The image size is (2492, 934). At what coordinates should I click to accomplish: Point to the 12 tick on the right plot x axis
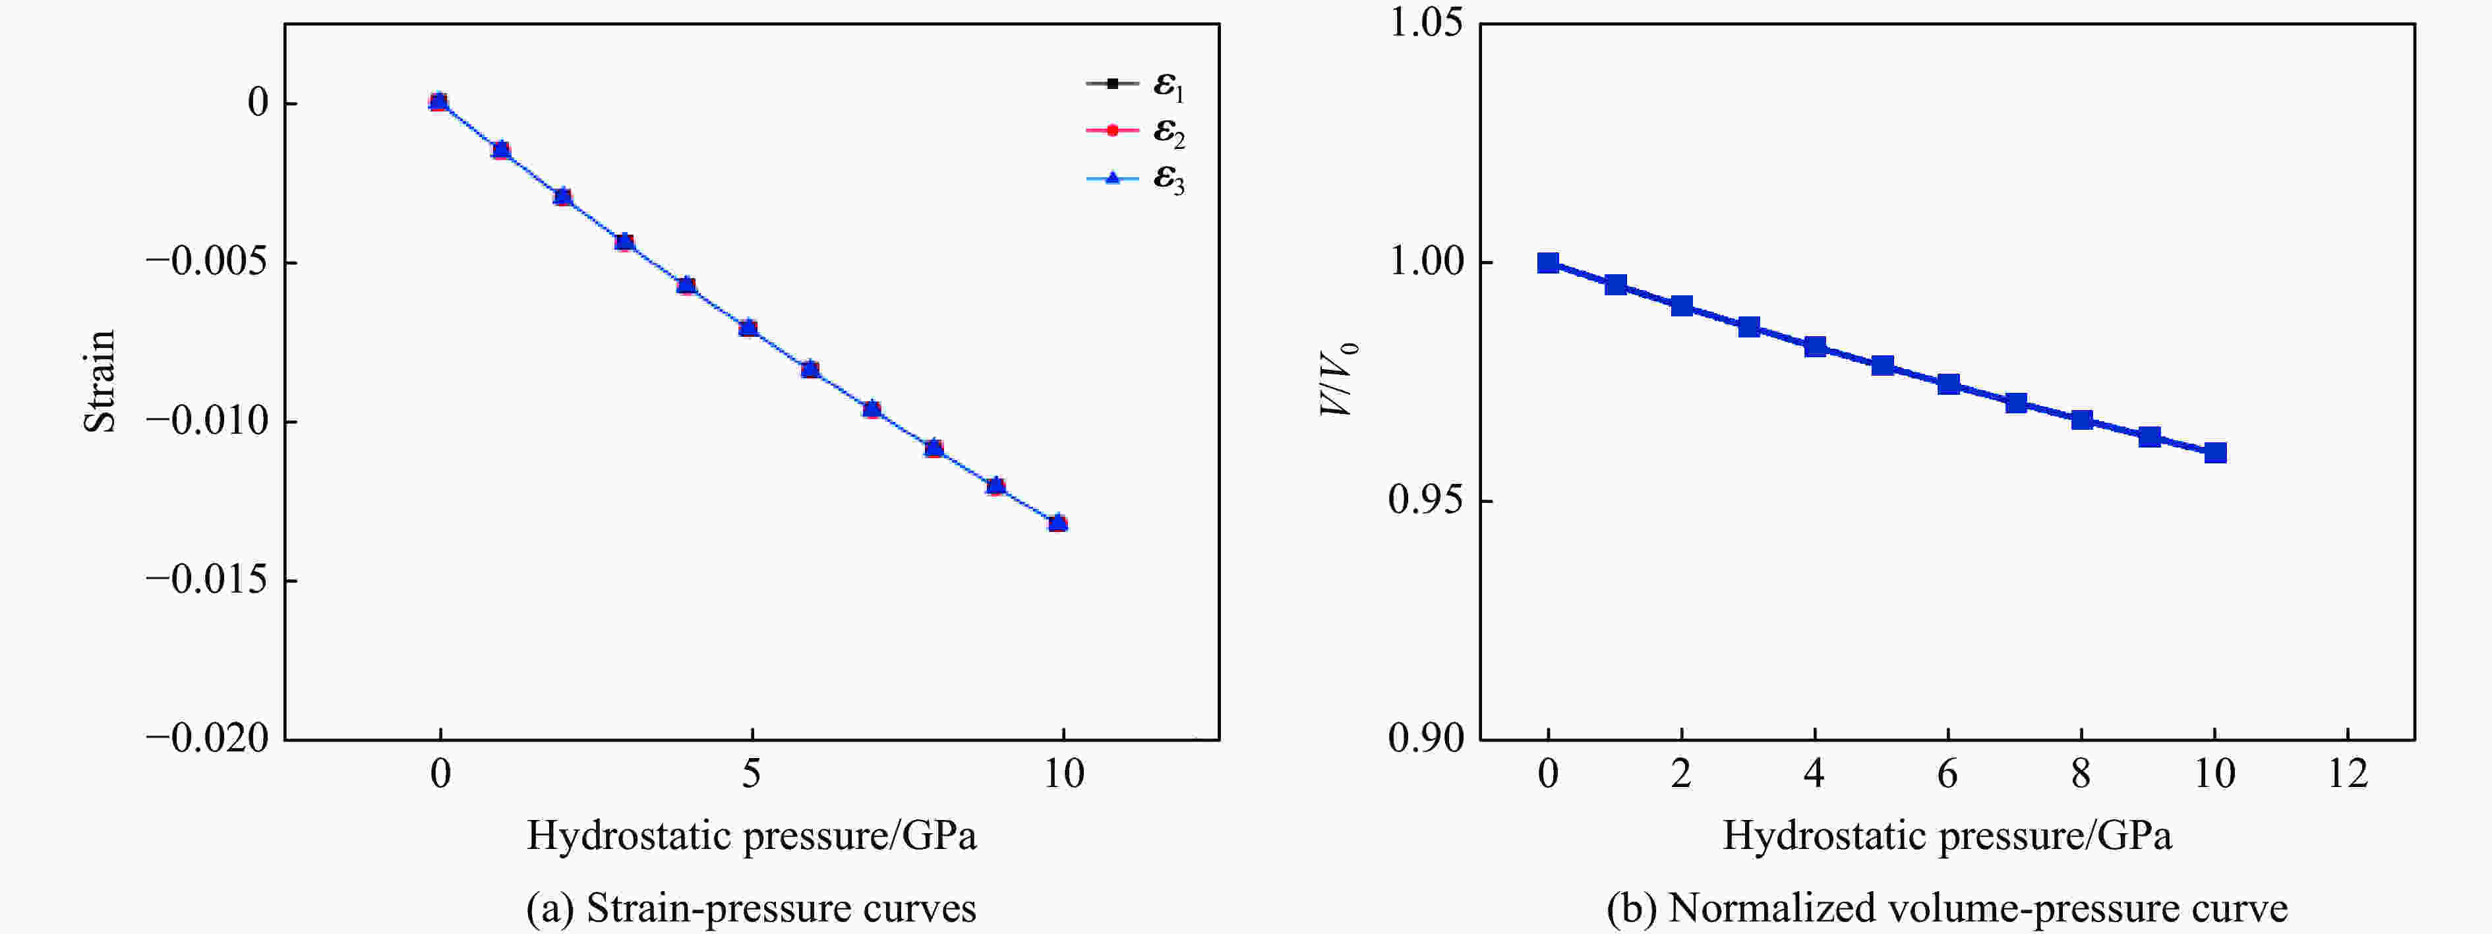(2348, 773)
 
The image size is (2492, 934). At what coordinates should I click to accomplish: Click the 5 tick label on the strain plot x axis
(751, 773)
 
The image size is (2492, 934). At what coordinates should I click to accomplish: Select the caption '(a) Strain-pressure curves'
(751, 908)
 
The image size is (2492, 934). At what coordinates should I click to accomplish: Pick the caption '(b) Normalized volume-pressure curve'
(1946, 908)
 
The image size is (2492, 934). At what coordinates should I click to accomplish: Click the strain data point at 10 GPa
(1057, 523)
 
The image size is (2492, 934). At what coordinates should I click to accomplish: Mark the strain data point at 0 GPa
(438, 102)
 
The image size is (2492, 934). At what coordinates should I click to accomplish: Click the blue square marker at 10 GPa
(2215, 452)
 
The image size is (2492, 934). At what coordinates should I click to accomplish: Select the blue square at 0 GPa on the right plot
(1548, 263)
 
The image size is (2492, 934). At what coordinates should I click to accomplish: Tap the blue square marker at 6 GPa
(1948, 384)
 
